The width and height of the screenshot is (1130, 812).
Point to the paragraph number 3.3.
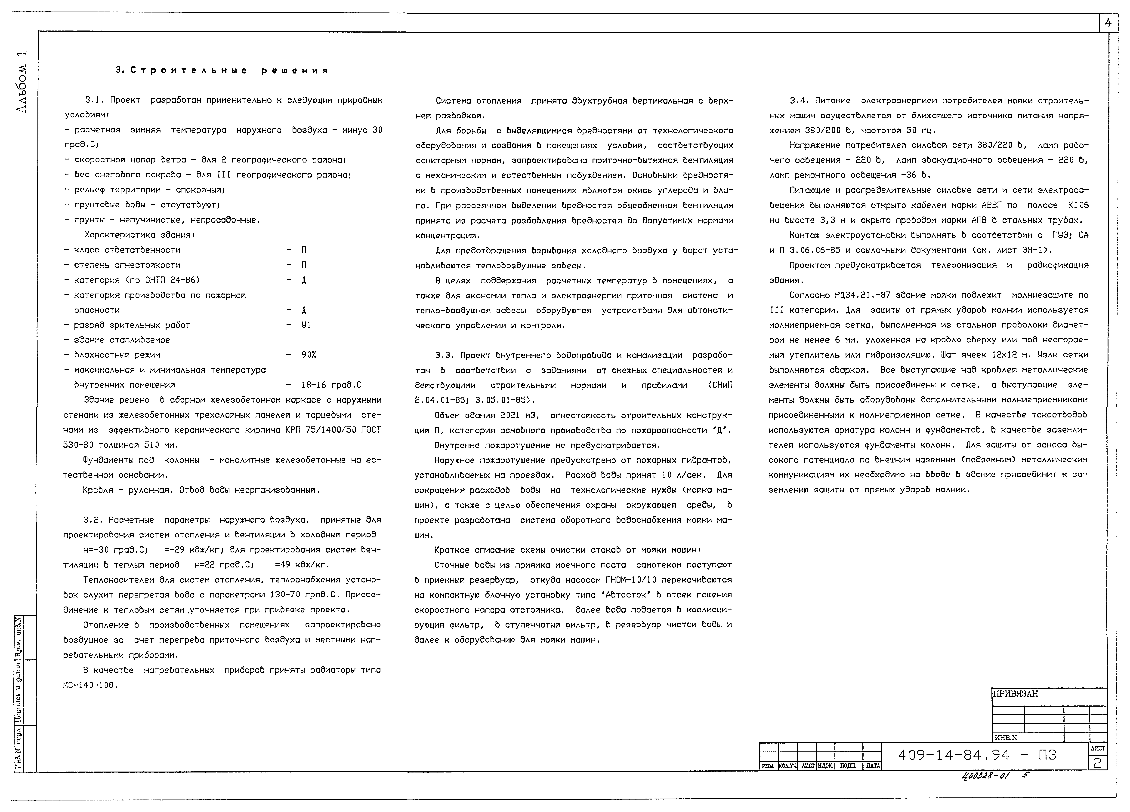point(444,355)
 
